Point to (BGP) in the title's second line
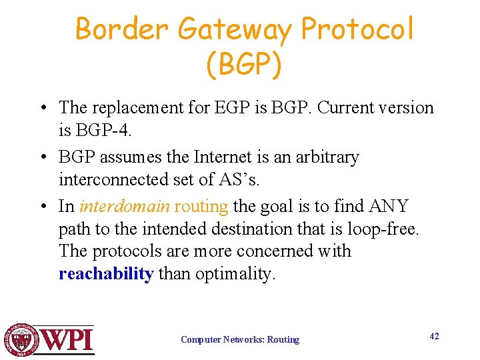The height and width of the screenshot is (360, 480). click(244, 65)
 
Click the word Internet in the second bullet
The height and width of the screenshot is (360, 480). click(219, 157)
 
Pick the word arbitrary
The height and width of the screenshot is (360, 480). click(325, 157)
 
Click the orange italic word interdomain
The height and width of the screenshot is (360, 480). click(123, 206)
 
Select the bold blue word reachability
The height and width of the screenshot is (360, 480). click(106, 274)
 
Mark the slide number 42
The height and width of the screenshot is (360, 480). click(434, 336)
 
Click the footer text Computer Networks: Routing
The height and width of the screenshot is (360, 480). click(240, 339)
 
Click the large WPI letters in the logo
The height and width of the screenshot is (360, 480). click(67, 340)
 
